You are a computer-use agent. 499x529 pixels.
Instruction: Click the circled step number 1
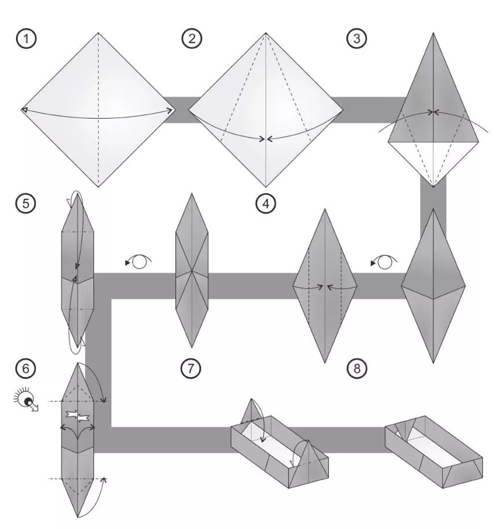pos(26,38)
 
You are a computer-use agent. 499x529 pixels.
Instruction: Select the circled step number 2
pos(192,38)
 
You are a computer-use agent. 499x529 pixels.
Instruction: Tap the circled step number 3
pos(357,38)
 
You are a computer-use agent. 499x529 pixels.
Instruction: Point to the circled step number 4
pos(265,204)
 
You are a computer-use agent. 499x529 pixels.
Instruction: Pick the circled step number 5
pos(26,203)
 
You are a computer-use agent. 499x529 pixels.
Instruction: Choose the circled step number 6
pos(26,368)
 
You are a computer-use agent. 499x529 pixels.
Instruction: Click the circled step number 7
pos(191,368)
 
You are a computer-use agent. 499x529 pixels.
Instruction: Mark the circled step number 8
pos(357,368)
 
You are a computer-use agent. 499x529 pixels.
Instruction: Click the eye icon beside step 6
pos(26,400)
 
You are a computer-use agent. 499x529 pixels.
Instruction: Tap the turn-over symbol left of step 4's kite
pos(384,262)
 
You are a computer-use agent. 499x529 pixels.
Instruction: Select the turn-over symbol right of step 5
pos(138,261)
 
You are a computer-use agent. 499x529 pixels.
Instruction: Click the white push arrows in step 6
pos(78,416)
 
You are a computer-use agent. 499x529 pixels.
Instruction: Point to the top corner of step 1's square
pos(98,33)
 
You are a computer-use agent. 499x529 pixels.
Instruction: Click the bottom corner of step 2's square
pos(265,187)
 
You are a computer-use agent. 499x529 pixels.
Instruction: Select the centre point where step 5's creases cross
pos(192,271)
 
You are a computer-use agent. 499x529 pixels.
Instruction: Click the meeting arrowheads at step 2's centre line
pos(265,139)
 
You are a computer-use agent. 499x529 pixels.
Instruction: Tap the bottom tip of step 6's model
pos(78,517)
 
